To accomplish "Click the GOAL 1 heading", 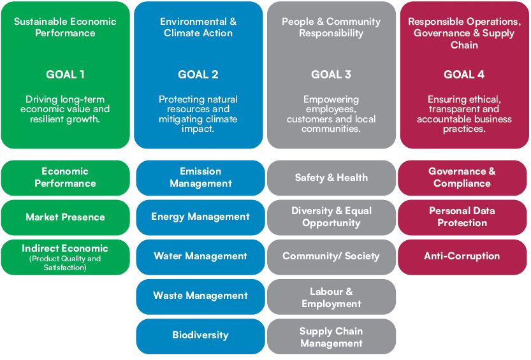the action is click(x=65, y=75).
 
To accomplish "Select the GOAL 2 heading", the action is click(x=198, y=75).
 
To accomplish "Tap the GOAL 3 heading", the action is click(x=331, y=75).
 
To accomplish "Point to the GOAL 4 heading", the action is click(x=464, y=75).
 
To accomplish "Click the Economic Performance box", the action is click(x=66, y=178).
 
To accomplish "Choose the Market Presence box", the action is click(x=66, y=217).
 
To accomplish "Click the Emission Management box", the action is click(x=200, y=178).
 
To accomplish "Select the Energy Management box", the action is click(x=200, y=217).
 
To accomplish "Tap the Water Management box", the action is click(x=200, y=257).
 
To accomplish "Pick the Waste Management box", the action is click(x=200, y=296).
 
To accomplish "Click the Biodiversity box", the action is click(x=200, y=336).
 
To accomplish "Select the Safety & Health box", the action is click(x=331, y=178).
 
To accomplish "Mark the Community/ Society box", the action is click(x=331, y=257).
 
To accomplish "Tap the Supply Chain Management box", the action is click(x=331, y=336).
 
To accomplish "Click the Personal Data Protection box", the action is click(x=462, y=217).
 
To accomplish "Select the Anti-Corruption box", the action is click(x=462, y=257).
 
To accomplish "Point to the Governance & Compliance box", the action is click(x=462, y=178).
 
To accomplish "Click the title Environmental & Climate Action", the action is click(x=198, y=27).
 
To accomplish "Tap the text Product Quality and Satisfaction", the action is click(x=65, y=263).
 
